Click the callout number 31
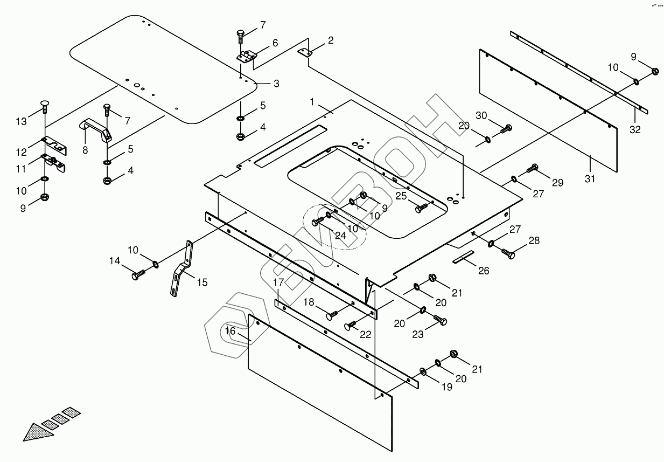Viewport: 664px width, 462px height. click(x=590, y=178)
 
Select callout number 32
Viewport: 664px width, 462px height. click(x=635, y=129)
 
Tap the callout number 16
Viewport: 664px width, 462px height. click(x=230, y=331)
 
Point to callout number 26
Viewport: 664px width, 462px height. click(x=484, y=271)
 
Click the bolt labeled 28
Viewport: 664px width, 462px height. click(x=507, y=251)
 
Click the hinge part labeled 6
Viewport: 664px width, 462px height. click(x=248, y=56)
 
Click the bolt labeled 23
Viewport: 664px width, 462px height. click(x=440, y=320)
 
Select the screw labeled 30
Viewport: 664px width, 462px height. click(x=506, y=128)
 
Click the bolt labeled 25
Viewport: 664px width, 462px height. click(x=423, y=206)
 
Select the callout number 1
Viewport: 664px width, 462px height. click(x=311, y=102)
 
